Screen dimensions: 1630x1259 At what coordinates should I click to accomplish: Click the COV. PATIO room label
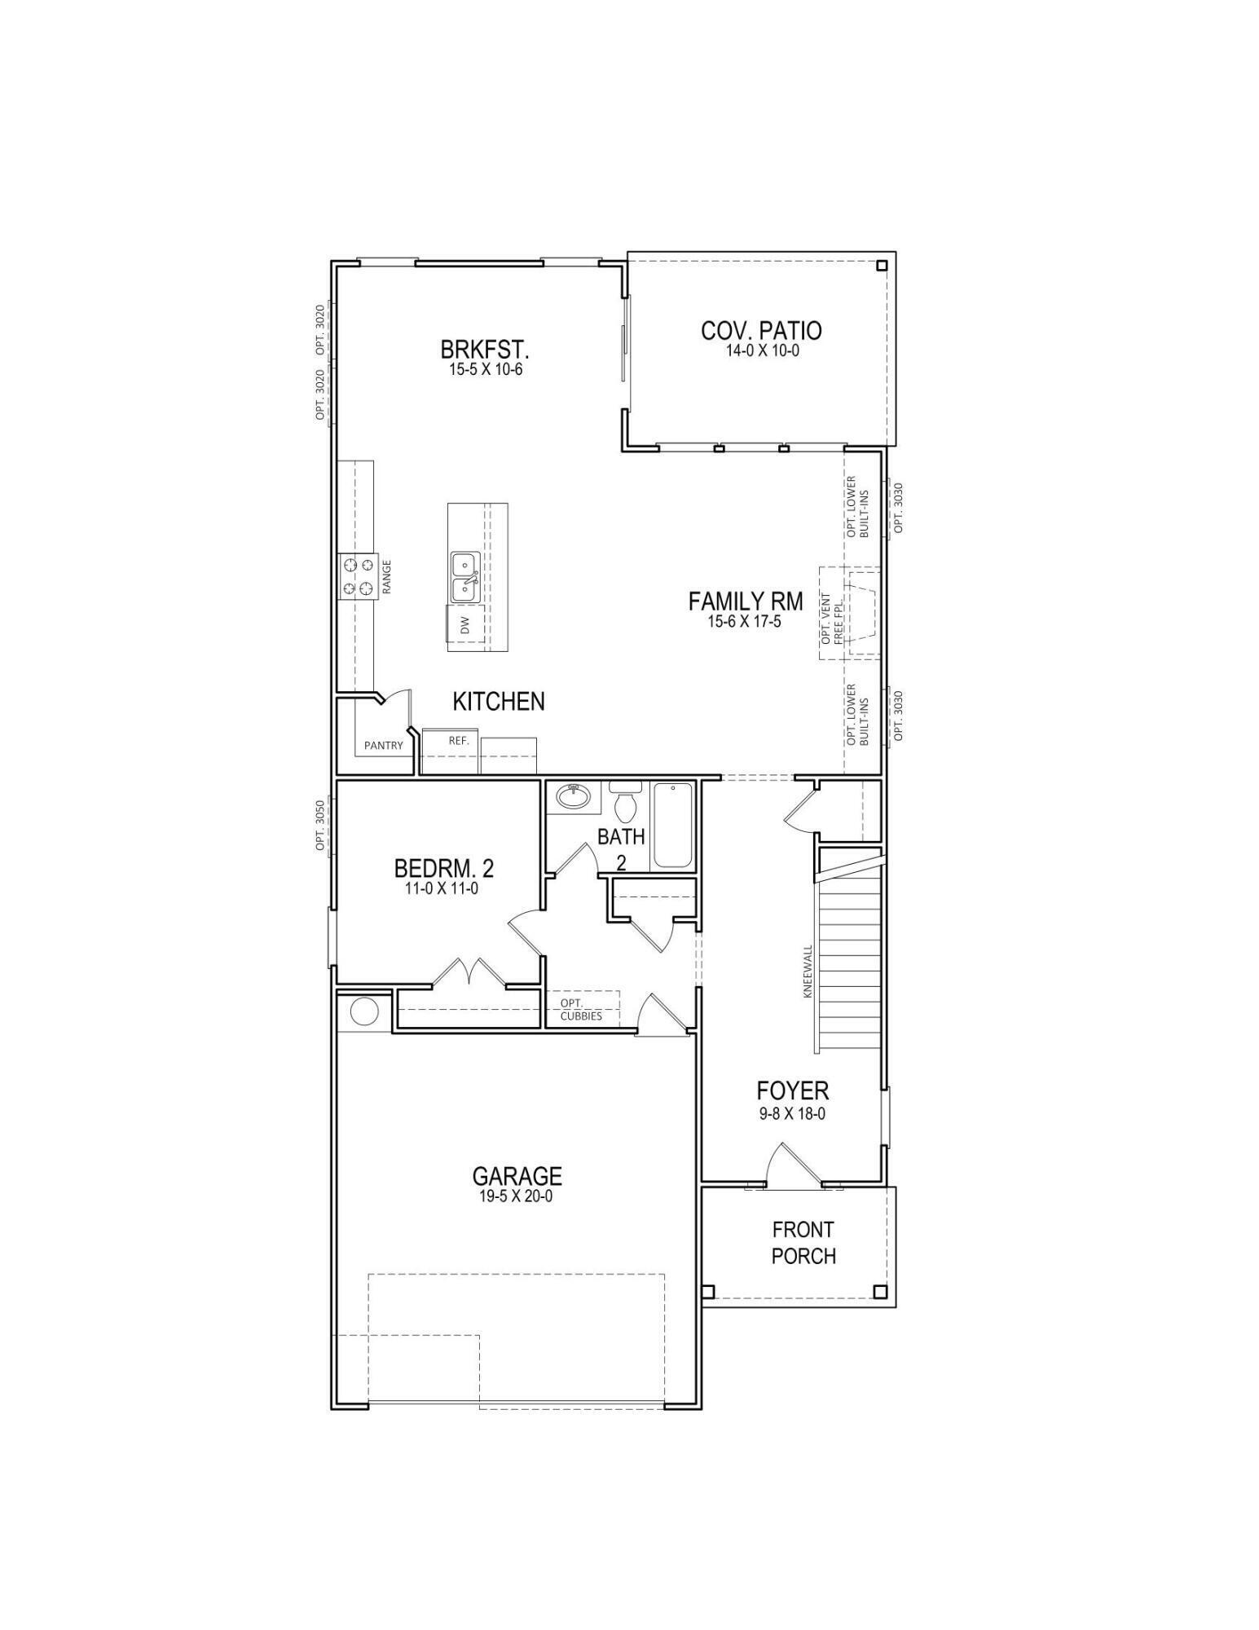(760, 331)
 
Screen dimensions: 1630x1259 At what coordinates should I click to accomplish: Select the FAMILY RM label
(745, 601)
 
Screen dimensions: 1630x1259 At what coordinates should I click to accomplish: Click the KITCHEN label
(498, 701)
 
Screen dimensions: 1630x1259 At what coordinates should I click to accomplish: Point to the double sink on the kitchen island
(464, 576)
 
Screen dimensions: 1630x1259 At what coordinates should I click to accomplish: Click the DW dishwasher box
(465, 624)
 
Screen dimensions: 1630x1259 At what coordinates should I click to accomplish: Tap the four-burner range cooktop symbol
(359, 575)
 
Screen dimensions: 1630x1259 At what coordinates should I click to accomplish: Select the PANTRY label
(383, 745)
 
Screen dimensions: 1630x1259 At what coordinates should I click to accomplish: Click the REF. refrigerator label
(458, 741)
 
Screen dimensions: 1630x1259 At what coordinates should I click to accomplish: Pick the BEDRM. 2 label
(443, 867)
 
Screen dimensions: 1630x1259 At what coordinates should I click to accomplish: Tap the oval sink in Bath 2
(575, 796)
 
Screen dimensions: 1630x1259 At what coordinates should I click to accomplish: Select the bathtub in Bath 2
(673, 826)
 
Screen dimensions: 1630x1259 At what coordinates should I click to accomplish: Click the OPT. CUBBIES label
(581, 1009)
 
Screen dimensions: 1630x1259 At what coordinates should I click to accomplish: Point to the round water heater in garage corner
(364, 1011)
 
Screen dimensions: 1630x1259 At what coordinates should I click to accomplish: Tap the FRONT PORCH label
(803, 1242)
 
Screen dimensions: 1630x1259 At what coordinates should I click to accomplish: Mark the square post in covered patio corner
(882, 266)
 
